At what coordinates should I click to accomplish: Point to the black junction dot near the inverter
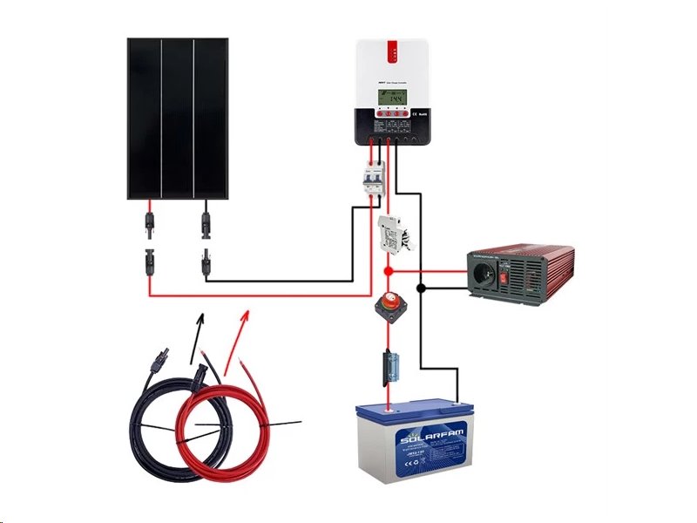421,288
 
